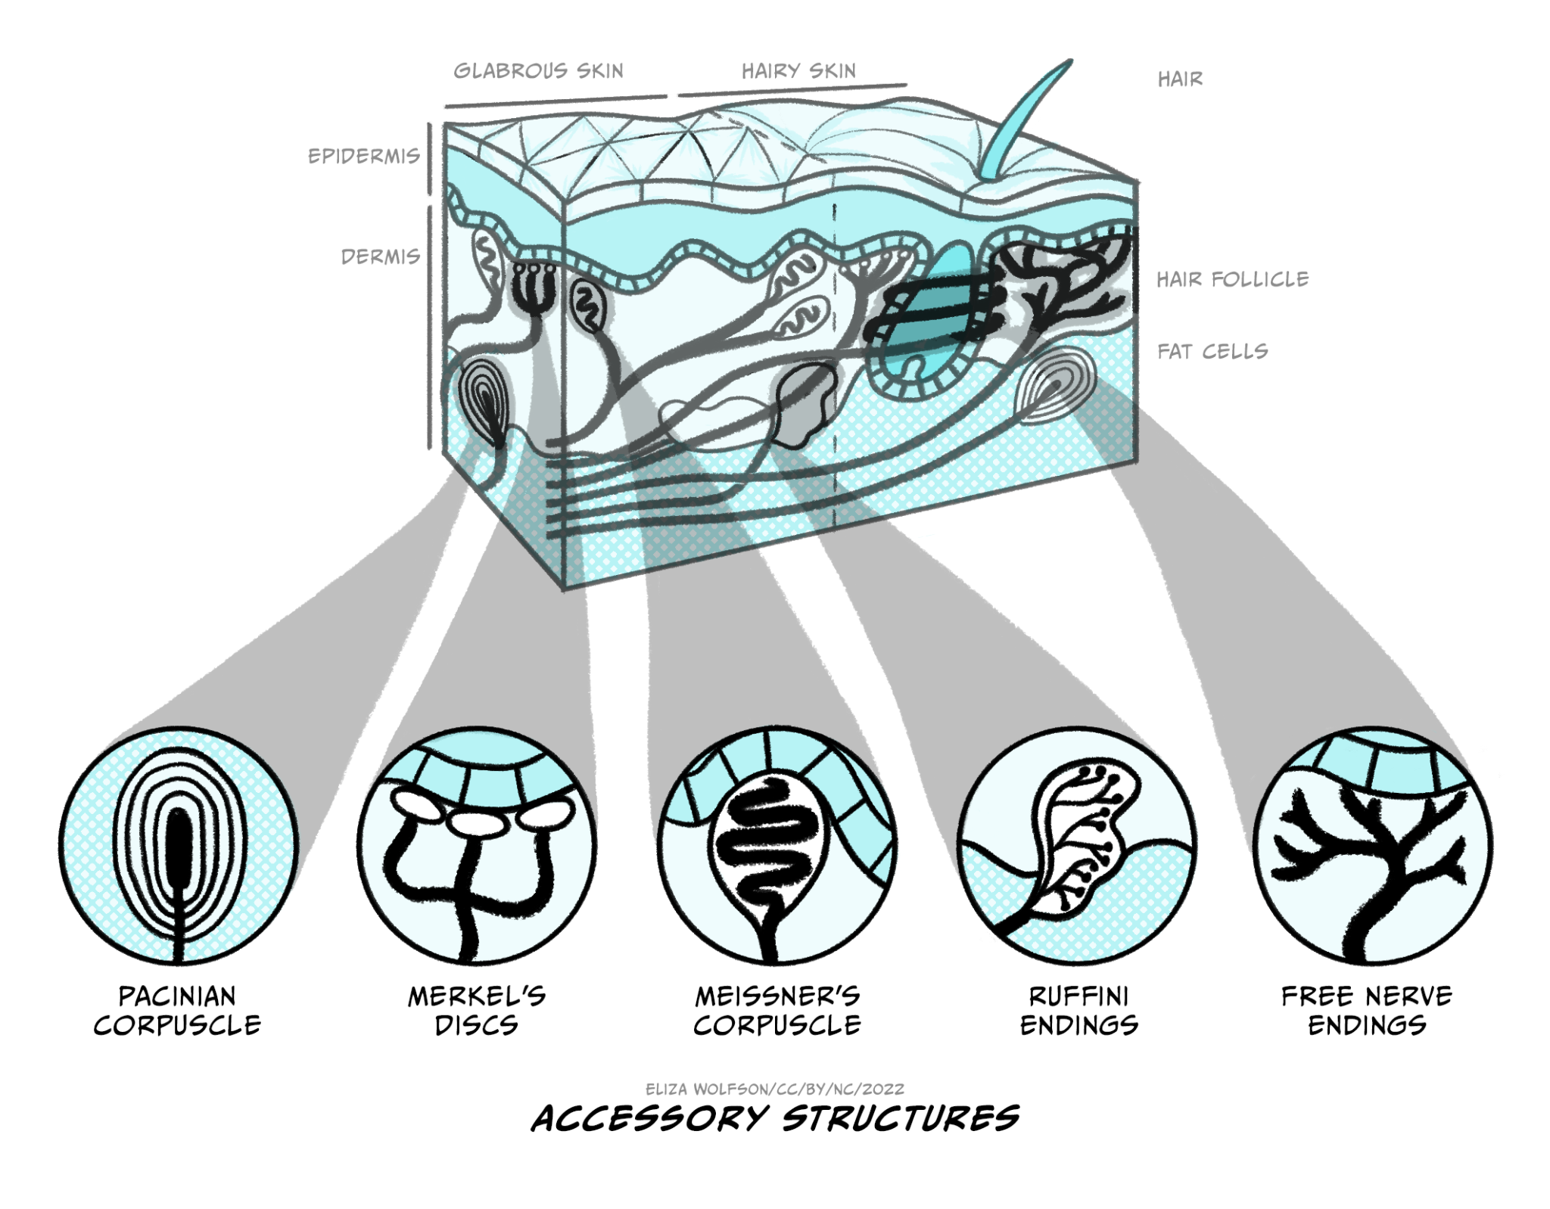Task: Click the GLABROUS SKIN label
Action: tap(538, 71)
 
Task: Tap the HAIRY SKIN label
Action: tap(798, 71)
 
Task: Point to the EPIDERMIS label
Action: tap(363, 156)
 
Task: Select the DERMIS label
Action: tap(381, 256)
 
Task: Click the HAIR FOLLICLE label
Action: tap(1232, 279)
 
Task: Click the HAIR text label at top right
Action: tap(1180, 79)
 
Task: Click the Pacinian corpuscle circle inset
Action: tap(179, 845)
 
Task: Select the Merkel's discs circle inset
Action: tap(477, 845)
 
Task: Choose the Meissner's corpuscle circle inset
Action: tap(777, 845)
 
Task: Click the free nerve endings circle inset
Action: tap(1372, 845)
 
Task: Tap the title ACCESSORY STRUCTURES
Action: tap(775, 1118)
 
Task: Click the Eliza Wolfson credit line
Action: tap(775, 1089)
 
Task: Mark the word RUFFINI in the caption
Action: tap(1078, 996)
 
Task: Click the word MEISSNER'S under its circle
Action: tap(777, 996)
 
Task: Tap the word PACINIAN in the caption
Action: tap(177, 996)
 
